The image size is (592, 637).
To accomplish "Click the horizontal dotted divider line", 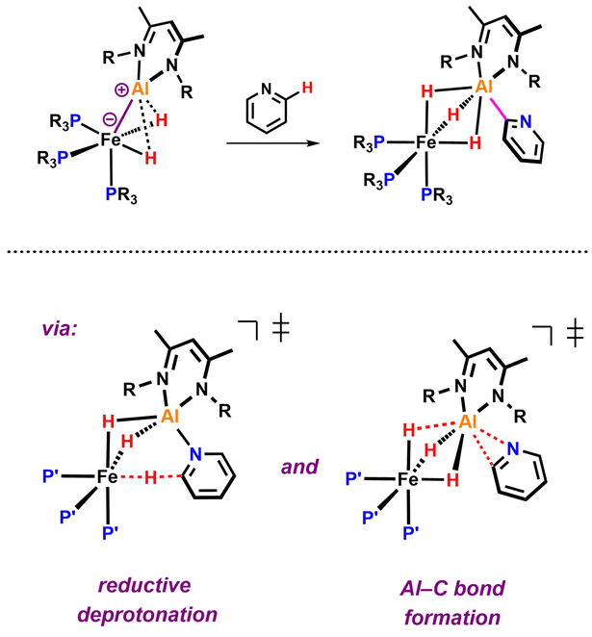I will pos(296,252).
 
